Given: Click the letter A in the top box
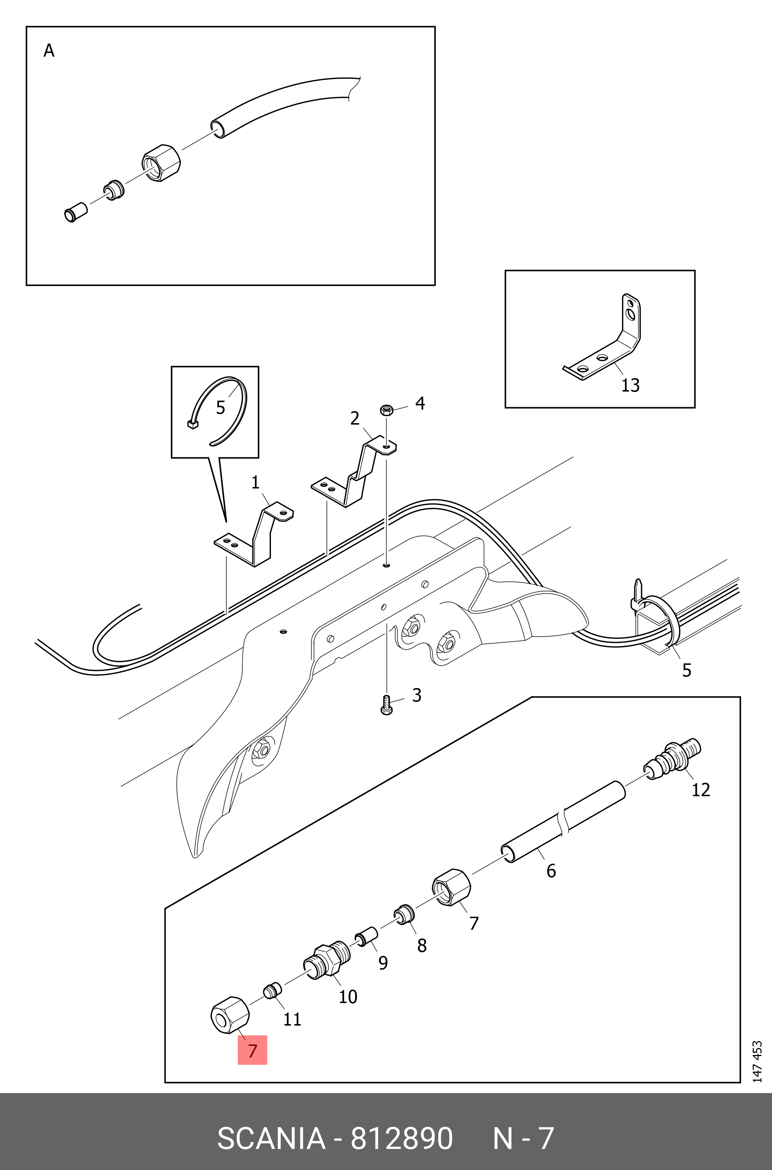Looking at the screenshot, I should coord(49,51).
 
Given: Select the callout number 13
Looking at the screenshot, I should coord(630,385).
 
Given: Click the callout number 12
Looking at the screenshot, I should coord(700,790).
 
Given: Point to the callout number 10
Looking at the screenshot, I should coord(348,996).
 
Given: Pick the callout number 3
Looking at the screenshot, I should coord(417,695).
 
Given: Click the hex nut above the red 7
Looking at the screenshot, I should coord(229,1015).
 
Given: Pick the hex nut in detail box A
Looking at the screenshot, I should coord(161,163).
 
